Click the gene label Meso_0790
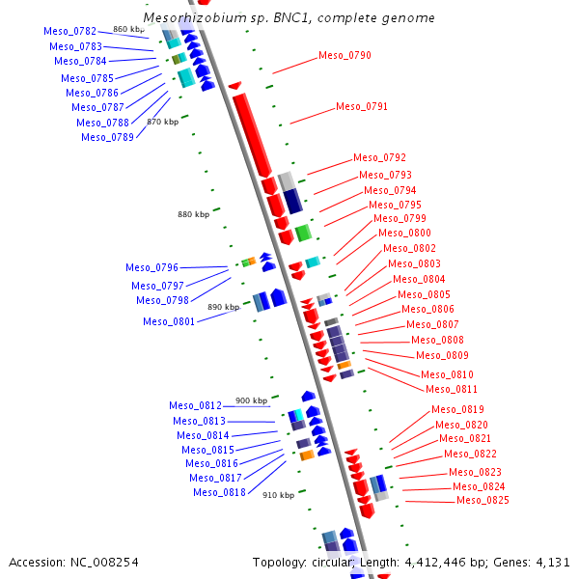click(x=345, y=56)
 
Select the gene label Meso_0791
click(x=362, y=107)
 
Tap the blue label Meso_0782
click(x=69, y=32)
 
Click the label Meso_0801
click(x=169, y=322)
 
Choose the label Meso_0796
click(x=152, y=268)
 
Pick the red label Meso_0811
click(x=452, y=390)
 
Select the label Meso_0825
click(x=482, y=501)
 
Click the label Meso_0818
click(x=219, y=493)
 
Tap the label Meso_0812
click(x=195, y=406)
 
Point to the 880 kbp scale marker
click(x=193, y=214)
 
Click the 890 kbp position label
click(x=223, y=307)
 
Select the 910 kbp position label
click(x=278, y=495)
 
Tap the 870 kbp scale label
click(x=162, y=123)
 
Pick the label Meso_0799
click(x=400, y=219)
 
